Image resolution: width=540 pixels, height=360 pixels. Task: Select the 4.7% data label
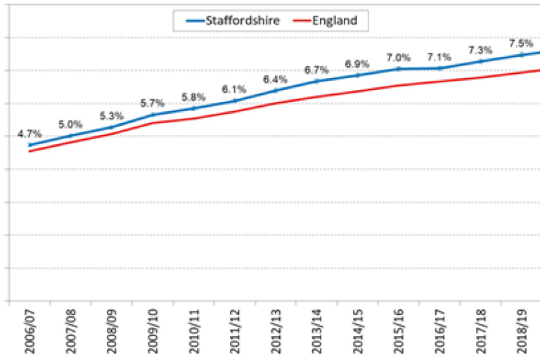coord(30,134)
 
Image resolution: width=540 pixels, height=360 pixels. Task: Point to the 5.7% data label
coord(153,103)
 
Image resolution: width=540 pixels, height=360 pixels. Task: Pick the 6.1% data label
coord(234,89)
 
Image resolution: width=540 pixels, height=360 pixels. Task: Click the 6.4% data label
coord(275,79)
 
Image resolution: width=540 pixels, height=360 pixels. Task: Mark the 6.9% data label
coord(356,64)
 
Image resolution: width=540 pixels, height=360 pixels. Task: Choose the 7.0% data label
coord(397,58)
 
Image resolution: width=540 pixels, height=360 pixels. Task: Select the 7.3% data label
coord(480,51)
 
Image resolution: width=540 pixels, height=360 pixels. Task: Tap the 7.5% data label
coord(520,43)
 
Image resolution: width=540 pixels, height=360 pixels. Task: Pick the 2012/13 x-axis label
coord(276,330)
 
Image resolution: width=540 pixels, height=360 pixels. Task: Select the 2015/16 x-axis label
coord(398,330)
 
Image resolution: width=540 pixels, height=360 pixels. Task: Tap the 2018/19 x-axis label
coord(520,330)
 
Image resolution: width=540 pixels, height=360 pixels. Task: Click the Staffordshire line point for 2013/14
coord(316,81)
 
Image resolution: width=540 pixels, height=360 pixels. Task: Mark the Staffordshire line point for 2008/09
coord(112,127)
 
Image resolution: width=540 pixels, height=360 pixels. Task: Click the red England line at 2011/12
coord(234,111)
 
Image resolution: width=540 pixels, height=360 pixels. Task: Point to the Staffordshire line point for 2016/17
coord(439,68)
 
